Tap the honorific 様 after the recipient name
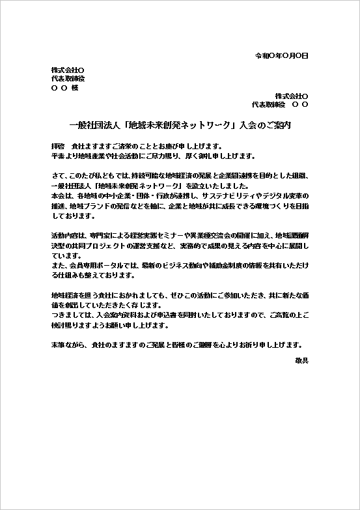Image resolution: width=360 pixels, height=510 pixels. (75, 87)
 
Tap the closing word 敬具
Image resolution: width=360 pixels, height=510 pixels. (301, 360)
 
